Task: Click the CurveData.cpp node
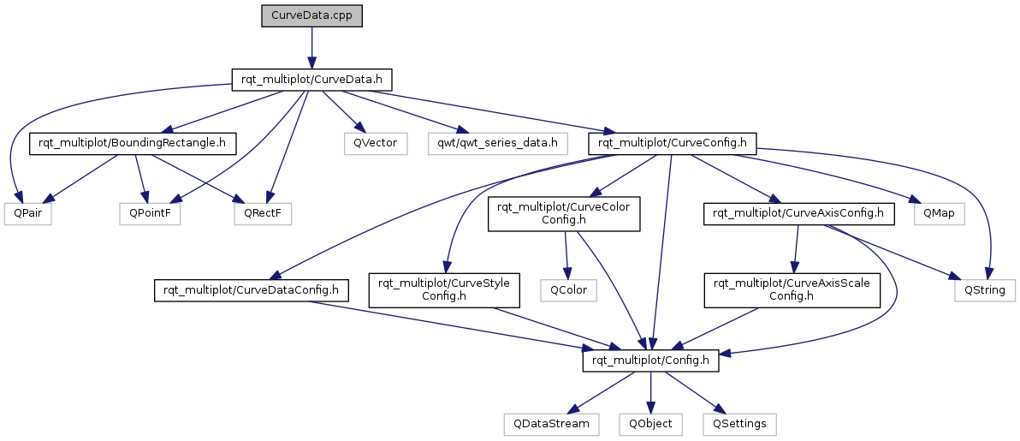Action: [x=311, y=16]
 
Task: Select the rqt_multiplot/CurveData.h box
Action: [x=311, y=79]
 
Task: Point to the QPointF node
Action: [x=150, y=214]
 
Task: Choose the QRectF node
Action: [x=263, y=214]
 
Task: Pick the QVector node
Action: [x=376, y=143]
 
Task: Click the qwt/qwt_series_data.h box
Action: [x=498, y=143]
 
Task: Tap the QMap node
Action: [x=940, y=214]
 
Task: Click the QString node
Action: [x=985, y=290]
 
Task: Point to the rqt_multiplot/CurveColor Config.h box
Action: [x=565, y=214]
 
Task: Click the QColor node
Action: [x=568, y=290]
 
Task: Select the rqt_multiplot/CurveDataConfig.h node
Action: [x=251, y=290]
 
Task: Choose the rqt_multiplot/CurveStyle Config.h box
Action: [x=444, y=290]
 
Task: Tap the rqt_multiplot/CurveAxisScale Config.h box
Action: [x=792, y=290]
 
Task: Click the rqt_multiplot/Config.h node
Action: [x=650, y=361]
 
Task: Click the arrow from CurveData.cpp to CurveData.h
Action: [x=311, y=48]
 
